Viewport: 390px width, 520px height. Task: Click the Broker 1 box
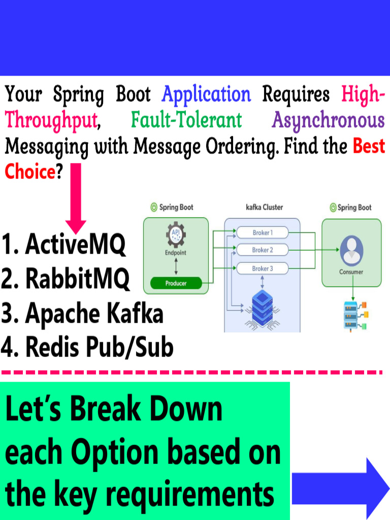(262, 233)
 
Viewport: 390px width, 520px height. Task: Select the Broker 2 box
(262, 250)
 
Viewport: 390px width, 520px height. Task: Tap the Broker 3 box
(262, 268)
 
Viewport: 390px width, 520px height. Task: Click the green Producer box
(176, 283)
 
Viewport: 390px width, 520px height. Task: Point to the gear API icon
(176, 236)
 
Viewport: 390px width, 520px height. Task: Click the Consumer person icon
(351, 250)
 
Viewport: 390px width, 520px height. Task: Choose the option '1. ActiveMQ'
(64, 245)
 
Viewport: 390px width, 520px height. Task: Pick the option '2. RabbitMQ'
(66, 279)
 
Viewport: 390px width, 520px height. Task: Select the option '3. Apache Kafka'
(83, 313)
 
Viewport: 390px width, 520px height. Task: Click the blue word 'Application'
(206, 95)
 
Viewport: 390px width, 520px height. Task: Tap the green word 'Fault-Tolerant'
(186, 120)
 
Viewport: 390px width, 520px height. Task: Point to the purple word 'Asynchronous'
(329, 120)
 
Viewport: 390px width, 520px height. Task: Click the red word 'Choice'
(29, 172)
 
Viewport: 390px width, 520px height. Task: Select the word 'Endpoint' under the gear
(176, 252)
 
